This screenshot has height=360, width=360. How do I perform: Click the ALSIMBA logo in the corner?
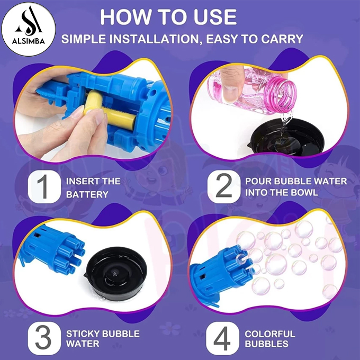click(29, 29)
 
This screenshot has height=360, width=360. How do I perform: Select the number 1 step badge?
click(44, 186)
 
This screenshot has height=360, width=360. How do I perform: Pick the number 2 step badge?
click(223, 186)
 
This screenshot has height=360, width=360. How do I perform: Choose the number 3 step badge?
click(44, 338)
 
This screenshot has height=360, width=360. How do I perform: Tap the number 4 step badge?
click(222, 338)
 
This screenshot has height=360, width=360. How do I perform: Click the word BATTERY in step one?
click(87, 194)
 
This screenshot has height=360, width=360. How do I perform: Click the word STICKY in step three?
click(83, 334)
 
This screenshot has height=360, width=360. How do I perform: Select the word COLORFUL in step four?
click(270, 334)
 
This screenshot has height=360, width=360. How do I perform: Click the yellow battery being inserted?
click(110, 110)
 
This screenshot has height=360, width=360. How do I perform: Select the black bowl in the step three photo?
click(116, 273)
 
